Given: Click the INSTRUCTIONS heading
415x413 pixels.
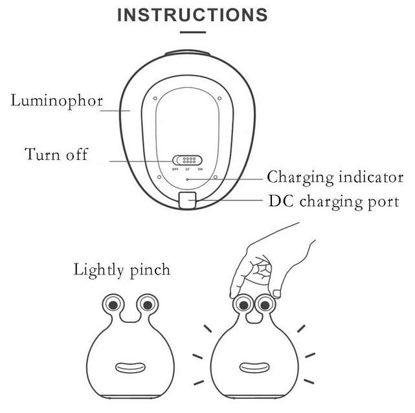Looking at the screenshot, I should pyautogui.click(x=192, y=14).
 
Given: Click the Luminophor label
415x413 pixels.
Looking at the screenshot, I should pyautogui.click(x=56, y=101).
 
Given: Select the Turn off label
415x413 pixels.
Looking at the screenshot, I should pyautogui.click(x=56, y=154).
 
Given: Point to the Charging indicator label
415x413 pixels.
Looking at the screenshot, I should pyautogui.click(x=335, y=177).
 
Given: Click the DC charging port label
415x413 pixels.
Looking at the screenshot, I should pyautogui.click(x=333, y=201).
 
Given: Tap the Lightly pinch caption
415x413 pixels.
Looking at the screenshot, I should pyautogui.click(x=122, y=269).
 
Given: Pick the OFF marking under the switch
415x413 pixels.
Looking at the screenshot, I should pyautogui.click(x=175, y=170).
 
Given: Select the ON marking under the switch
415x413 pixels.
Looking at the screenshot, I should pyautogui.click(x=200, y=170).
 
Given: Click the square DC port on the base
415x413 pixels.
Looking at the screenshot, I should pyautogui.click(x=188, y=201).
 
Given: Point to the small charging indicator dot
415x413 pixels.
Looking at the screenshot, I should pyautogui.click(x=188, y=178).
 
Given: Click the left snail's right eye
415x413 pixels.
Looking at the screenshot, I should pyautogui.click(x=148, y=303).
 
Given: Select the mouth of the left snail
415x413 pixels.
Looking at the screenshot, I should pyautogui.click(x=130, y=368).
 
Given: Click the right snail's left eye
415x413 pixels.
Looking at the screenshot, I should pyautogui.click(x=243, y=303).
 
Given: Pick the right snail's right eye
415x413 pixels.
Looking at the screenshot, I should pyautogui.click(x=264, y=303).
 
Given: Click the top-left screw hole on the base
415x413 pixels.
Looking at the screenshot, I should pyautogui.click(x=157, y=98).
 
